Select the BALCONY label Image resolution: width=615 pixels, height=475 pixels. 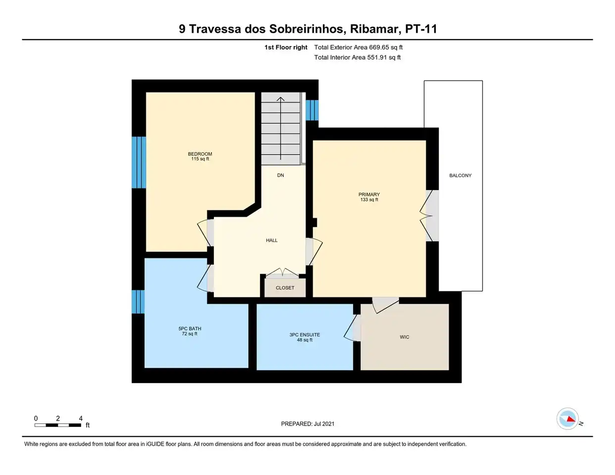(460, 176)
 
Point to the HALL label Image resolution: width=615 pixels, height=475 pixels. (272, 240)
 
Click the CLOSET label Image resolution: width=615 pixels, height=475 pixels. (285, 288)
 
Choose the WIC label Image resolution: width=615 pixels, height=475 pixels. (405, 337)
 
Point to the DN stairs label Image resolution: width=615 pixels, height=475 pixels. (280, 175)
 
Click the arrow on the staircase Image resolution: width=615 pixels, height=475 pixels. (280, 128)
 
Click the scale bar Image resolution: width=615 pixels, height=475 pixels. (58, 425)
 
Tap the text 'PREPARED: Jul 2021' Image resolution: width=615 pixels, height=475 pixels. (307, 424)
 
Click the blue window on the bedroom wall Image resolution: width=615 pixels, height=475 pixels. (139, 163)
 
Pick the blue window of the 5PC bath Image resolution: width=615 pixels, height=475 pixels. (138, 302)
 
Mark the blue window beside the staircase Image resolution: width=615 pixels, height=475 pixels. (312, 110)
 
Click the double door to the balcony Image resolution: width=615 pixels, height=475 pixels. (429, 216)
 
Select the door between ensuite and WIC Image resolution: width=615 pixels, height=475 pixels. (353, 328)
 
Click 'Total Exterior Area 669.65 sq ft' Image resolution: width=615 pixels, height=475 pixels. (359, 47)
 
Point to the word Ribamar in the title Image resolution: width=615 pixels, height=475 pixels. (375, 29)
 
